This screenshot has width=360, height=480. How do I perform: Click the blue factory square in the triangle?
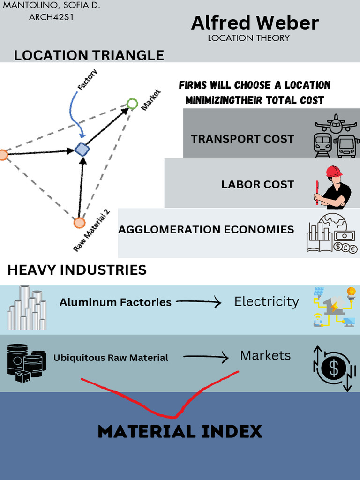pos(82,150)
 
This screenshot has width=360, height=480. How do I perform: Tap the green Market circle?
pos(133,104)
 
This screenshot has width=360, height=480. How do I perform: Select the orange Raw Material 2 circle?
pos(80,223)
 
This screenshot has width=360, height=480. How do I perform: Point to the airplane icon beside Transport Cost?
pos(336,124)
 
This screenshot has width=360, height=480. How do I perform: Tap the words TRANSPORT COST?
pos(242,139)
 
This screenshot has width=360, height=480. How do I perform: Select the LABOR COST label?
pos(257,185)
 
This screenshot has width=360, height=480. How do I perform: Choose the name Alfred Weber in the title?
pos(255,23)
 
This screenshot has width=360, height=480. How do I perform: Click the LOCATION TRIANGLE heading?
pos(89,55)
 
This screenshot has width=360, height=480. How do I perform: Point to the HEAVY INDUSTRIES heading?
pos(77,270)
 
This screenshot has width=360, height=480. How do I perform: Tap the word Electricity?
pos(266,301)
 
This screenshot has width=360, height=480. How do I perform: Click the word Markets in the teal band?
pos(265,356)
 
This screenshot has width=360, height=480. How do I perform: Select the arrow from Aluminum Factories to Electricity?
pos(198,303)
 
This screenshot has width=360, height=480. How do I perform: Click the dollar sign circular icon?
pos(333,369)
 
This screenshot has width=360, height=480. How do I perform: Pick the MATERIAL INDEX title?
pos(180,431)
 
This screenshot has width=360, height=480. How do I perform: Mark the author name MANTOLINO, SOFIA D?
pos(52,6)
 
